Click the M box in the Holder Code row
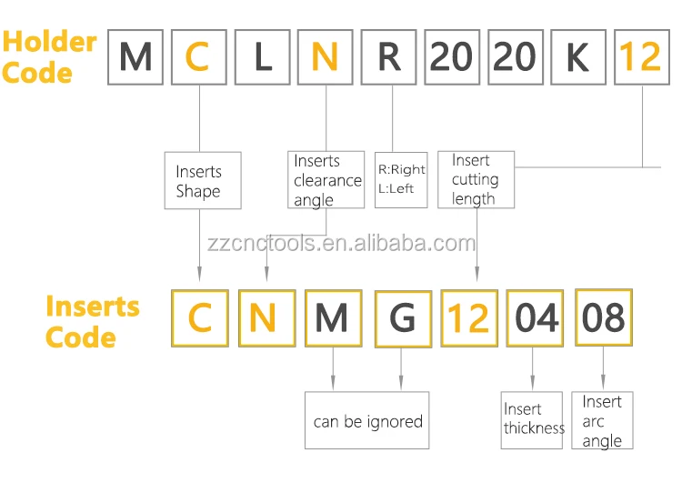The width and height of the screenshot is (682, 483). (135, 58)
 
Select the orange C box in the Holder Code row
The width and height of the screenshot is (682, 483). (198, 58)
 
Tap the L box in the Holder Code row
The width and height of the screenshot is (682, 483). (262, 58)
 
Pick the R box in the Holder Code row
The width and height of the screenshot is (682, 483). (389, 58)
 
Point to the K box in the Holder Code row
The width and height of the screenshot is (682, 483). (577, 58)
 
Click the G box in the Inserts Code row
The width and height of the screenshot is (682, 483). (402, 317)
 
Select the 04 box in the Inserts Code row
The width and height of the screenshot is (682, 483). (534, 317)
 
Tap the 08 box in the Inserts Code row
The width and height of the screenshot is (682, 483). (603, 317)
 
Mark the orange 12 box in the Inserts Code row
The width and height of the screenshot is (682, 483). (468, 317)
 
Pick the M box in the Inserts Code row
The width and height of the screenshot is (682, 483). (333, 317)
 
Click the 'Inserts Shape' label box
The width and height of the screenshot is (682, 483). (202, 180)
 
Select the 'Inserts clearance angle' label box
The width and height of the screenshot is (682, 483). (326, 180)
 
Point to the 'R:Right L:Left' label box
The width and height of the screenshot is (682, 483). (401, 179)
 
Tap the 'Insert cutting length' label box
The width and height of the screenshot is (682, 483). (476, 180)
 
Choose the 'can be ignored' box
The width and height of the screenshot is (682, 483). (367, 421)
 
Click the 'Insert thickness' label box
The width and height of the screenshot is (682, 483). (533, 418)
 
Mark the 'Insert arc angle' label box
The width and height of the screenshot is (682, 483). (603, 420)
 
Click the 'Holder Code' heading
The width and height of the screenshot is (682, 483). (49, 56)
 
